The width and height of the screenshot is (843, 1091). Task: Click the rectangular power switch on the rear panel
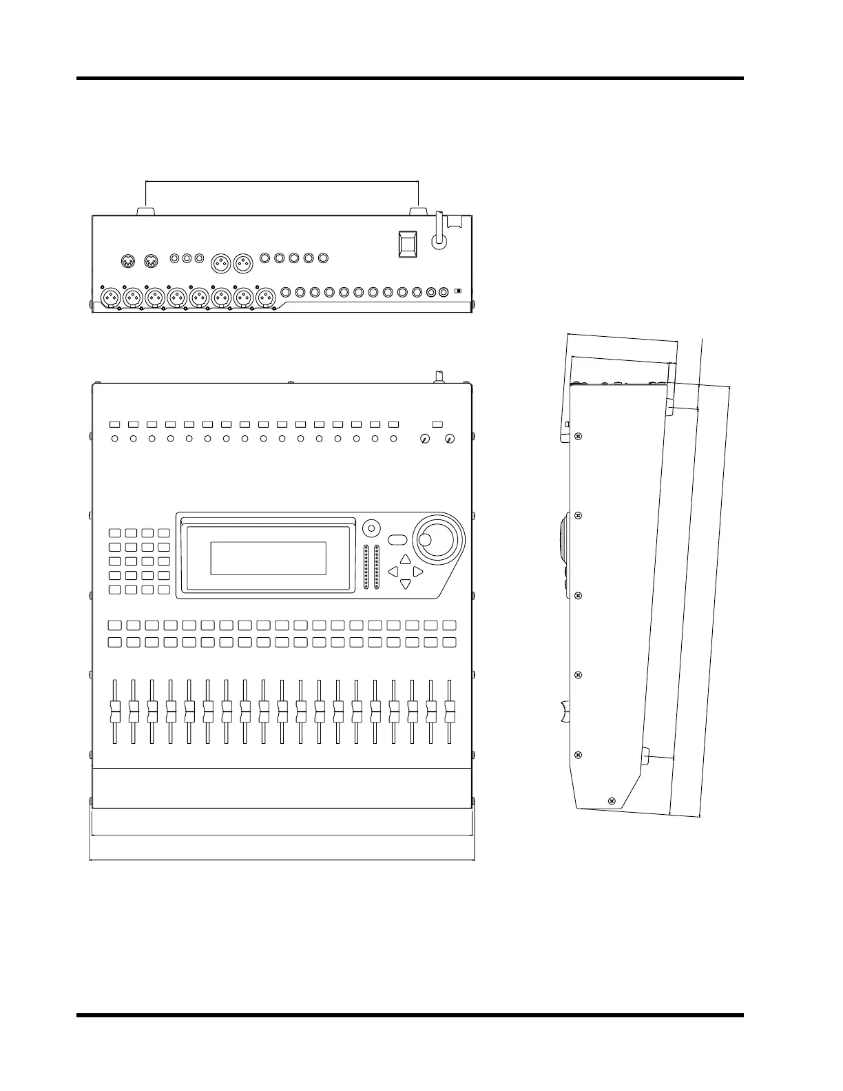pos(406,243)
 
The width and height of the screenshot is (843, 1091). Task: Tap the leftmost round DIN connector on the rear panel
pos(127,260)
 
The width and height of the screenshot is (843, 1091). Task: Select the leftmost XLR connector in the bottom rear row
pos(111,298)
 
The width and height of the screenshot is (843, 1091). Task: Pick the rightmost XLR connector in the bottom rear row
pos(266,298)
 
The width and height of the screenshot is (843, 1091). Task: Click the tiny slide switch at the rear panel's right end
pos(458,292)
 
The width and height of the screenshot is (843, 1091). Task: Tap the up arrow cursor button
pos(405,559)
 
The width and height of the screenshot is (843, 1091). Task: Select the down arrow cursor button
pos(405,584)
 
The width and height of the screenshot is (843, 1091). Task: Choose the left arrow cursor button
pos(393,572)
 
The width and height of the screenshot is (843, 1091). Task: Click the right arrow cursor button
pos(417,572)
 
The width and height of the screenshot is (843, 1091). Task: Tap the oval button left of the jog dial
pos(398,539)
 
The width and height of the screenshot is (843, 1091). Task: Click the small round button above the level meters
pos(371,528)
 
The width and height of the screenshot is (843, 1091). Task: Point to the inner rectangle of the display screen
pos(268,558)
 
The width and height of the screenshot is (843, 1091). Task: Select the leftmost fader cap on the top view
pos(115,709)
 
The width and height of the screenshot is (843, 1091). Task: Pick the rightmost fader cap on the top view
pos(450,709)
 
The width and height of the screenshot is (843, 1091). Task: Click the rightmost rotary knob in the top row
pos(450,438)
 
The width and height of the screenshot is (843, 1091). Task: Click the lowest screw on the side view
pos(612,800)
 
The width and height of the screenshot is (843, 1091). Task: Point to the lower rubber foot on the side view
pos(647,757)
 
